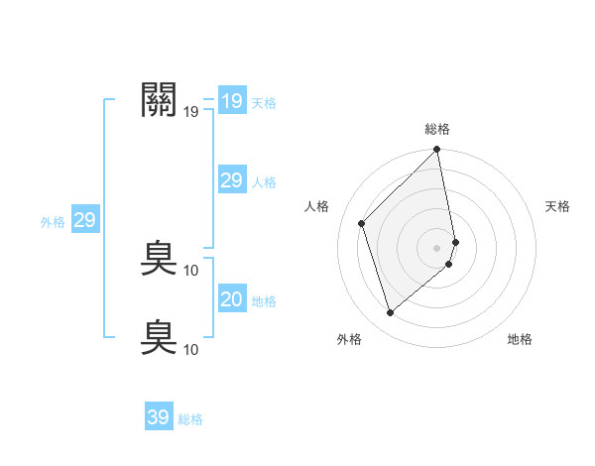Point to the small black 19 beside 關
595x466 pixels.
[191, 112]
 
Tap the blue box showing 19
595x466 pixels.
[231, 101]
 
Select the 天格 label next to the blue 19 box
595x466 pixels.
[264, 102]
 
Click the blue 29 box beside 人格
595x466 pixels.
[231, 179]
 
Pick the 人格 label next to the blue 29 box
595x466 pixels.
[264, 182]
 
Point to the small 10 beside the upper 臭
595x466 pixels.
[191, 270]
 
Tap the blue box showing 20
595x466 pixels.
[231, 298]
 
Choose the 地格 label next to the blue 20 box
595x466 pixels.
[264, 301]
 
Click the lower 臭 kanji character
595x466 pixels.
[160, 336]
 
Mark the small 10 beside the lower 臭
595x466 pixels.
[191, 349]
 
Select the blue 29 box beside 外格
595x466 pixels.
[84, 220]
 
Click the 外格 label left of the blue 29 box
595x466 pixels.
[53, 222]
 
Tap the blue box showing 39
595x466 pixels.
[158, 417]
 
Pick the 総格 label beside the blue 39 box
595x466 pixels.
[190, 419]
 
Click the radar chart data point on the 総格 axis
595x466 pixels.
[437, 151]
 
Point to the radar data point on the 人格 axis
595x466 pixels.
[362, 223]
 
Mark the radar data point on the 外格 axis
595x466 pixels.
[390, 313]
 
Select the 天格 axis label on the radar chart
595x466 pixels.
[558, 206]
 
